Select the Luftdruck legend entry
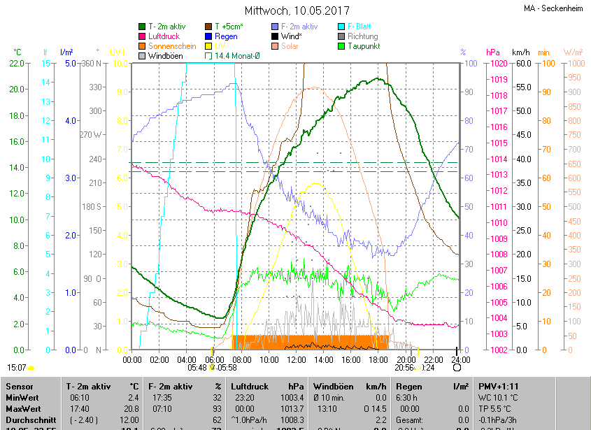click(164, 36)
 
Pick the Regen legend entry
click(226, 36)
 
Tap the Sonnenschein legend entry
click(172, 46)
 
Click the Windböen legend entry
click(165, 55)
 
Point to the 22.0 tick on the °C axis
click(17, 64)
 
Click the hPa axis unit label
click(493, 52)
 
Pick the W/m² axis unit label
click(573, 52)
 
